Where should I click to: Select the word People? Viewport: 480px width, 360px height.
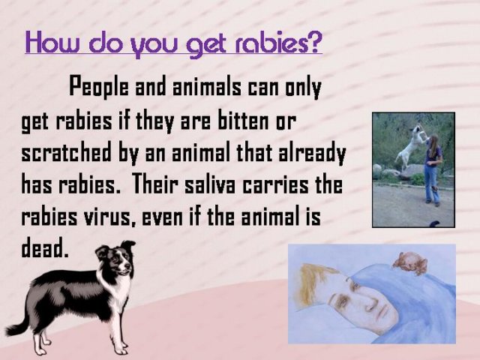coord(99,86)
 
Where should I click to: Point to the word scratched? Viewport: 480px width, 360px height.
coord(66,152)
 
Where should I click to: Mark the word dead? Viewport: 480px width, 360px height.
coord(44,247)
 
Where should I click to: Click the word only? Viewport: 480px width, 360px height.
coord(303,88)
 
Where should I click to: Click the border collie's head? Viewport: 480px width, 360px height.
coord(116,258)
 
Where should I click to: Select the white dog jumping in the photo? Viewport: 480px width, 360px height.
coord(410,145)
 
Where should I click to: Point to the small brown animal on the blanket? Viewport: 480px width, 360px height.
coord(410,262)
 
